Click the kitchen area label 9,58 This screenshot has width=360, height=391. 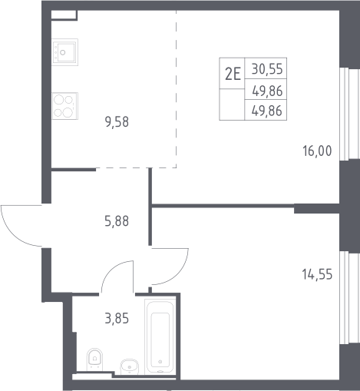117,122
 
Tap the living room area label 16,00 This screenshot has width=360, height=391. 317,151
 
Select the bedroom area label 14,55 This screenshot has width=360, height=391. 317,274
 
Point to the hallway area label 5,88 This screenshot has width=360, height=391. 117,221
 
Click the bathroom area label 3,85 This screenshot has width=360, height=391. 117,319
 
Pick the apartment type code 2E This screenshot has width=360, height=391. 233,74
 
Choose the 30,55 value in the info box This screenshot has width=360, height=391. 267,69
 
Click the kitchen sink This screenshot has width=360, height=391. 64,52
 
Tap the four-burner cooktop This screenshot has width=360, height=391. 65,106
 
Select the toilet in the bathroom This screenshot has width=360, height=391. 94,359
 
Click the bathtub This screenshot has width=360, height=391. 160,336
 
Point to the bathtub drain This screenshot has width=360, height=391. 160,362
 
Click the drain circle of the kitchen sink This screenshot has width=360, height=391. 63,52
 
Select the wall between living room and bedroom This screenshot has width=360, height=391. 223,206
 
